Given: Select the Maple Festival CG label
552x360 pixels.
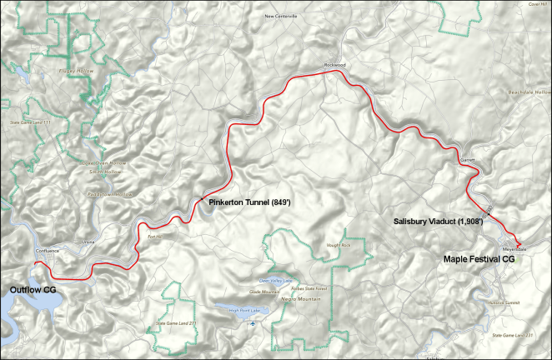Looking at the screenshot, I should point(479,259).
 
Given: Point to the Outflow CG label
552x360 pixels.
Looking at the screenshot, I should point(33,289).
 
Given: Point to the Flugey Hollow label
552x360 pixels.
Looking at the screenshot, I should point(76,71).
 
